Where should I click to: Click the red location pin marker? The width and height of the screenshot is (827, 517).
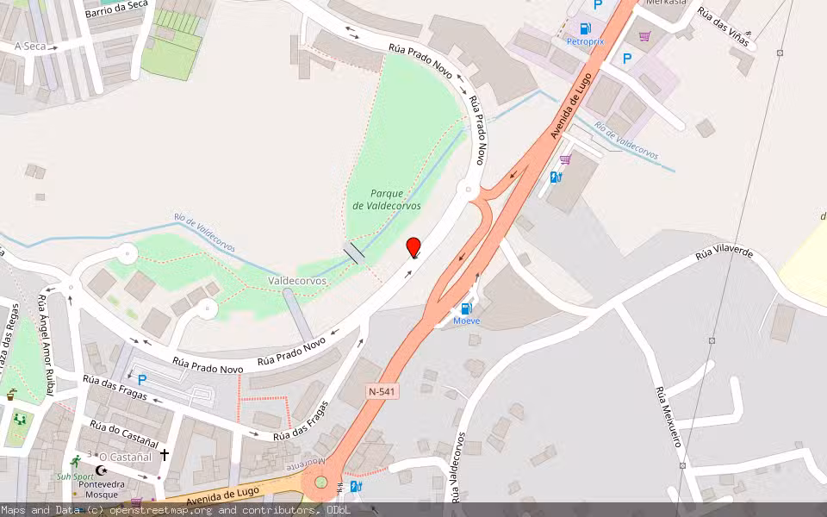413,247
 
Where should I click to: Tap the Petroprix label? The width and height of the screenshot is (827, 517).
585,40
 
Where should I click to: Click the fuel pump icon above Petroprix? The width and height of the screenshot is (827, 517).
586,28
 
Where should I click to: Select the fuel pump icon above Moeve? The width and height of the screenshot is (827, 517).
466,308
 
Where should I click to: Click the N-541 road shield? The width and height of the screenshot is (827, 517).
383,391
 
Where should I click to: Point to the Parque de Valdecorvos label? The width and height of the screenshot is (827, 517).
387,200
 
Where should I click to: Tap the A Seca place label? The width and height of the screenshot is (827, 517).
30,46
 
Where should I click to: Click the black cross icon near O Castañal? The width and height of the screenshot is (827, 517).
164,453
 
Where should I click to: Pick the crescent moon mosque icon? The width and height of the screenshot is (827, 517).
102,470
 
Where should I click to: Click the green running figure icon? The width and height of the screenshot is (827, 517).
75,461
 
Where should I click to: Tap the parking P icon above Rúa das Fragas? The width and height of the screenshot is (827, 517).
142,379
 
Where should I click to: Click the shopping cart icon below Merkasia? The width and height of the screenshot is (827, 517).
644,36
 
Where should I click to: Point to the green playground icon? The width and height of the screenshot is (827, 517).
19,420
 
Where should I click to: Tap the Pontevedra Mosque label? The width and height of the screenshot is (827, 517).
103,489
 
